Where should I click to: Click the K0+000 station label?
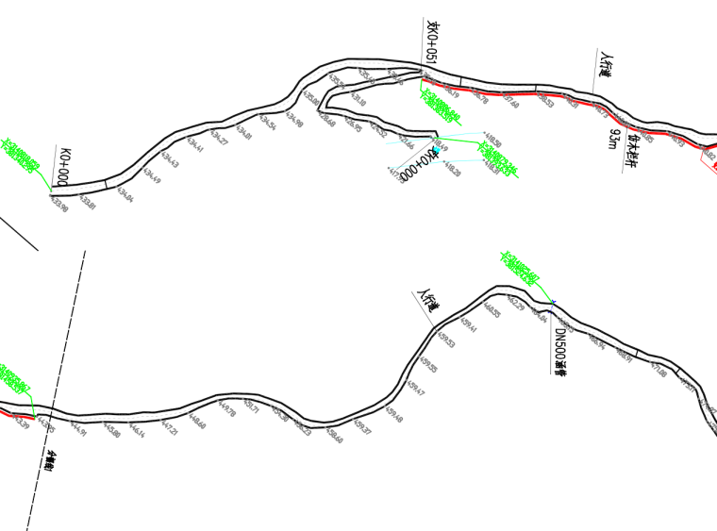(x=63, y=166)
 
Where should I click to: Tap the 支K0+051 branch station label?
(x=433, y=44)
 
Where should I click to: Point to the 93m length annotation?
(x=614, y=140)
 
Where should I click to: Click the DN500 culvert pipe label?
(x=559, y=350)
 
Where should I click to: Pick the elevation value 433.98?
(x=58, y=203)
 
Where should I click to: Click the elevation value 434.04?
(x=125, y=194)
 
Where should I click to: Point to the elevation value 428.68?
(x=325, y=119)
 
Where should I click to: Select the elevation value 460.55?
(x=492, y=309)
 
